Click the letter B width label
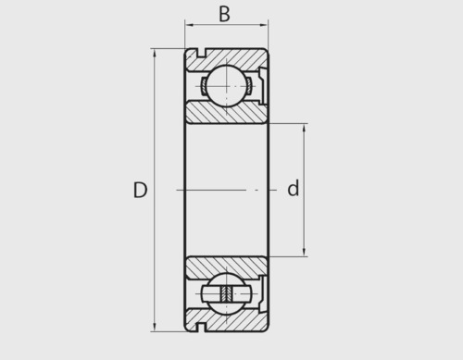[224, 14]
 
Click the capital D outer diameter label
[140, 190]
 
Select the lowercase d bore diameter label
[294, 188]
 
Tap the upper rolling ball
[227, 86]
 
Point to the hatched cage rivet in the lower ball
[226, 293]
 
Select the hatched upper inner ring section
[227, 113]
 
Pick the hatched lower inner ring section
[227, 267]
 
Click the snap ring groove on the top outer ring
[202, 53]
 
